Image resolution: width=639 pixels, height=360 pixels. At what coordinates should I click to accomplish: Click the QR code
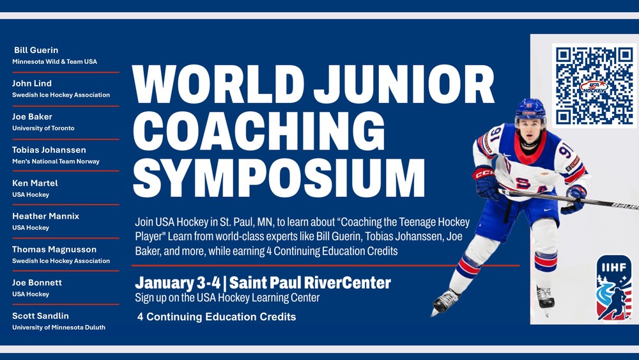pyautogui.click(x=594, y=86)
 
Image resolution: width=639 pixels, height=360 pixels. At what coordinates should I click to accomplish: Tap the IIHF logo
pyautogui.click(x=614, y=288)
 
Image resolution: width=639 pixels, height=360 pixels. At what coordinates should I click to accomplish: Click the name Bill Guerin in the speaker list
pyautogui.click(x=36, y=50)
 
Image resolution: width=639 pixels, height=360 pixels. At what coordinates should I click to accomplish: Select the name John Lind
pyautogui.click(x=32, y=83)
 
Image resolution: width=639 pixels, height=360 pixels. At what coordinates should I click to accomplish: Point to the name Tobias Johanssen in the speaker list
pyautogui.click(x=49, y=150)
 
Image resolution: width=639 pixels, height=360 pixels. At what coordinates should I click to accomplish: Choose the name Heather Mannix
pyautogui.click(x=45, y=216)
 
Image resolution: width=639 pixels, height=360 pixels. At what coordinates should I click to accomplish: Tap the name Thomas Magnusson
pyautogui.click(x=54, y=249)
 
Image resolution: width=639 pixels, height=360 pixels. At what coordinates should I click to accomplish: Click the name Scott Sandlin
pyautogui.click(x=40, y=316)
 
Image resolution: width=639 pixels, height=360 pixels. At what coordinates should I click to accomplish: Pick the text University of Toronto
pyautogui.click(x=43, y=128)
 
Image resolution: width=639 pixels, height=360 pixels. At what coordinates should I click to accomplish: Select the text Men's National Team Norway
pyautogui.click(x=56, y=161)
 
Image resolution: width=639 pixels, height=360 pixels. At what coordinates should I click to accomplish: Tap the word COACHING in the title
pyautogui.click(x=259, y=131)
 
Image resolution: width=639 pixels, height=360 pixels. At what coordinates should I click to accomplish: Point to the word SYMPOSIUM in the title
pyautogui.click(x=279, y=178)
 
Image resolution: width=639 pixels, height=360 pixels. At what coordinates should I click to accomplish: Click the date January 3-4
pyautogui.click(x=178, y=283)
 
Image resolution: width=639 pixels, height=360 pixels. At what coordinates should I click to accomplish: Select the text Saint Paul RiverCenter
pyautogui.click(x=310, y=283)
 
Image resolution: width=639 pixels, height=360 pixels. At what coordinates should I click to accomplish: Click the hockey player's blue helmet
pyautogui.click(x=530, y=109)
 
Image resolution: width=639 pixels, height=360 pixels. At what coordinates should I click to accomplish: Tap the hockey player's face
pyautogui.click(x=530, y=130)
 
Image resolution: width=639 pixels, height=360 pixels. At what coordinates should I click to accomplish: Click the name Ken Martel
pyautogui.click(x=35, y=183)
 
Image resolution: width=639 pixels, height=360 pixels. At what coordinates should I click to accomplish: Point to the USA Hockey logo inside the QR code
pyautogui.click(x=594, y=86)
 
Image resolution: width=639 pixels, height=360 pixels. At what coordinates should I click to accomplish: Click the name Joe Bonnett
pyautogui.click(x=37, y=283)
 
